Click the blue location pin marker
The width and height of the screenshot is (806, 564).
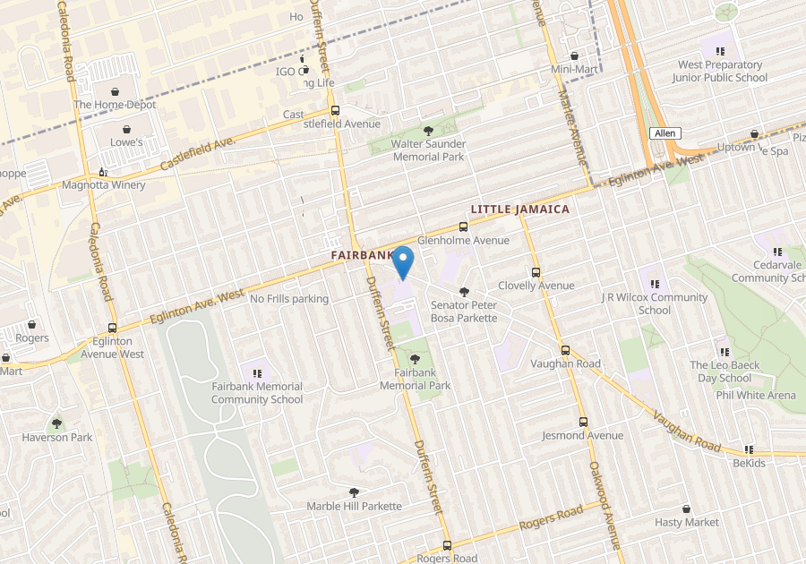pyautogui.click(x=403, y=261)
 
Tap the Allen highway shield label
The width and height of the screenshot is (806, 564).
pyautogui.click(x=665, y=133)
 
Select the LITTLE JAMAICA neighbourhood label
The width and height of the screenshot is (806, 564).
pyautogui.click(x=519, y=209)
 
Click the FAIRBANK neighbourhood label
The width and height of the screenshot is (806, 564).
pyautogui.click(x=361, y=255)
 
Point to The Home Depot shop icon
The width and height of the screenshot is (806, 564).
pyautogui.click(x=116, y=91)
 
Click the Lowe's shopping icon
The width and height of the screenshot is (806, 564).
pyautogui.click(x=126, y=129)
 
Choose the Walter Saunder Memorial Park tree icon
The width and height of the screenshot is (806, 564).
pyautogui.click(x=427, y=132)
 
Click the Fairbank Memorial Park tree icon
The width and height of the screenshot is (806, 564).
pyautogui.click(x=415, y=359)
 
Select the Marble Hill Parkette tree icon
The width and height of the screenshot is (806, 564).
pyautogui.click(x=354, y=491)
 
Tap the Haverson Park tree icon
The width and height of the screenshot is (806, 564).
pyautogui.click(x=57, y=423)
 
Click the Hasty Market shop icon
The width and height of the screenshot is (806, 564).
pyautogui.click(x=686, y=508)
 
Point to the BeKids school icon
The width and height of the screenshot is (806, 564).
pyautogui.click(x=749, y=449)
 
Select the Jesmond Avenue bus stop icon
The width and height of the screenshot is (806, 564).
pyautogui.click(x=583, y=422)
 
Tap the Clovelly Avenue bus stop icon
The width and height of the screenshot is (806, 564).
pyautogui.click(x=536, y=272)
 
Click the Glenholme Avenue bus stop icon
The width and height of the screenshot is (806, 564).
pyautogui.click(x=463, y=227)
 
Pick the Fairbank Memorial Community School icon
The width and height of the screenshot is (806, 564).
pyautogui.click(x=257, y=372)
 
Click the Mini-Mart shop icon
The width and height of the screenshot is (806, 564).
pyautogui.click(x=574, y=56)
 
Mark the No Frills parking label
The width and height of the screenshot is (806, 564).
pyautogui.click(x=289, y=299)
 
